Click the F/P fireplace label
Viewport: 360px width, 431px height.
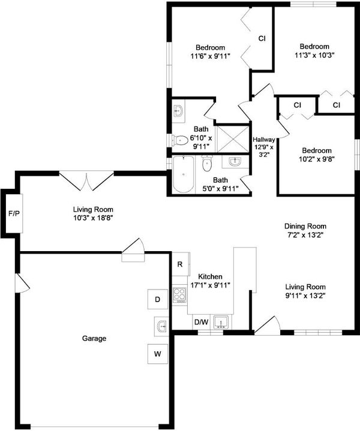coord(14,213)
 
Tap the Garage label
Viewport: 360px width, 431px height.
coord(94,338)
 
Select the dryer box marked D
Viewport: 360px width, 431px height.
coord(158,299)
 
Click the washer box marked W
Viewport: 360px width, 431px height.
coord(158,354)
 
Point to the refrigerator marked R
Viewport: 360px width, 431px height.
coord(180,264)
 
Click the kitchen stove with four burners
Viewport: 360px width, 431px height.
coord(179,295)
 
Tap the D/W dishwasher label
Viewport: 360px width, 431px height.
coord(202,322)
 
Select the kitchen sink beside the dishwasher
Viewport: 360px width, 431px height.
coord(221,322)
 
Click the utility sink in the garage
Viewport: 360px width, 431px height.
coord(161,326)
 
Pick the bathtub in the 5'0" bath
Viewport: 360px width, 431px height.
coord(184,174)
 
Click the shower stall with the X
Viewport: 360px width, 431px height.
coord(233,139)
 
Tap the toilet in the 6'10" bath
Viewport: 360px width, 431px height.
coord(180,140)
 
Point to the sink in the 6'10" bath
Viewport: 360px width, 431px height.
coord(178,111)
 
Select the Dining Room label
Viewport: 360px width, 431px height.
coord(305,226)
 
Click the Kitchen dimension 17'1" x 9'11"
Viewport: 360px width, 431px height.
coord(210,285)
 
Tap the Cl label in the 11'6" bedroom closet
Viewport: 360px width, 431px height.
coord(262,39)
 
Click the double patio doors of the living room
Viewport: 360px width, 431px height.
coord(86,180)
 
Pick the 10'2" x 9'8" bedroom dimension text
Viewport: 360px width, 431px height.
coord(317,159)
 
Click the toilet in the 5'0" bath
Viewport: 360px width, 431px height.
coord(206,164)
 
